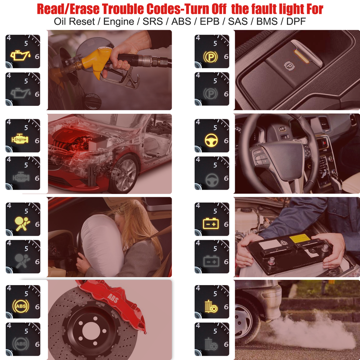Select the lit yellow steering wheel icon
coord(212,140)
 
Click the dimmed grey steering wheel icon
coord(212,177)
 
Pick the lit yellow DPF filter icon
coord(210,307)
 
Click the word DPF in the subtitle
coord(296,21)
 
